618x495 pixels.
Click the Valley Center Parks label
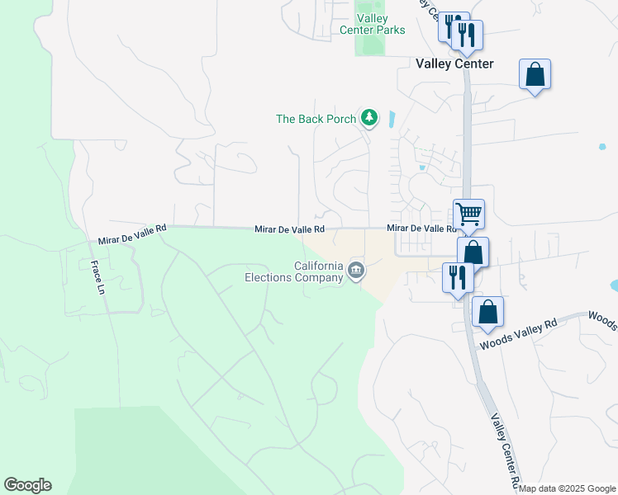373,24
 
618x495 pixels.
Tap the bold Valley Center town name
454,64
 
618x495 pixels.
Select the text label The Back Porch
316,119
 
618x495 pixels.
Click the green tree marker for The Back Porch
369,119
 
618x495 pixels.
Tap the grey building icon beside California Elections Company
356,271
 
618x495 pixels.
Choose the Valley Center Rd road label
503,450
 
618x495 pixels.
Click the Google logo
27,484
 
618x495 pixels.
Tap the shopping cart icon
468,214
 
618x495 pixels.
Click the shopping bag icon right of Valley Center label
535,74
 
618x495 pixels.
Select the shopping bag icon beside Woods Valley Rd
488,312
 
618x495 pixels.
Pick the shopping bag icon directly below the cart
473,252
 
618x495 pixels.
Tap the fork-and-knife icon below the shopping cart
457,277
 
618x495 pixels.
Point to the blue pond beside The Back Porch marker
391,120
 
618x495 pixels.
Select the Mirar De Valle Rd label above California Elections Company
289,229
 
